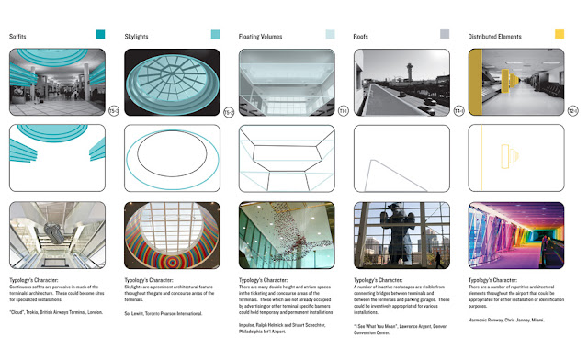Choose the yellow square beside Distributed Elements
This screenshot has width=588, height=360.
coord(560,35)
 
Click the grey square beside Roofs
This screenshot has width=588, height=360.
coord(445,35)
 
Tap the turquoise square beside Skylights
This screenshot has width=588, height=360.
coord(215,35)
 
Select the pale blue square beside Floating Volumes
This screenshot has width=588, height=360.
coord(330,35)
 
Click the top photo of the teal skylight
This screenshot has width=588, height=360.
coord(172,80)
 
